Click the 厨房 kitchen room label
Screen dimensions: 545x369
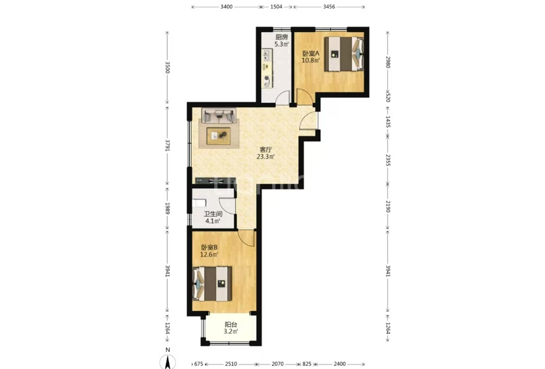click(281, 37)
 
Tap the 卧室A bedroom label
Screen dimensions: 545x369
click(311, 54)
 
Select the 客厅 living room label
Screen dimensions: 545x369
click(266, 150)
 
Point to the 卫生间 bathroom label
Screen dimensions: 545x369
click(213, 214)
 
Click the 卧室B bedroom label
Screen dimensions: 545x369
click(209, 247)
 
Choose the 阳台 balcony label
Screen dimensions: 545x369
click(231, 325)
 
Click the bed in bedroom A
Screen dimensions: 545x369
click(344, 54)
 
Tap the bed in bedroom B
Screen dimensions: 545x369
click(212, 284)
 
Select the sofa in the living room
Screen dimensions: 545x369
click(219, 115)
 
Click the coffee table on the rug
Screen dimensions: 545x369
click(218, 136)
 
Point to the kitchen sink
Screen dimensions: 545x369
click(267, 55)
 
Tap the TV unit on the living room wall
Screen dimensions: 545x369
click(215, 181)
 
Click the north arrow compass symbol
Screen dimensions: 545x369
click(168, 361)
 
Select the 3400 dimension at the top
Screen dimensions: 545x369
click(226, 7)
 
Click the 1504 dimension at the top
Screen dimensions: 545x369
click(277, 7)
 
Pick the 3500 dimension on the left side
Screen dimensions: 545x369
click(167, 67)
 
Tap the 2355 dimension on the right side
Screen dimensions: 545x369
click(388, 160)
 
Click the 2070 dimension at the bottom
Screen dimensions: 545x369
click(277, 364)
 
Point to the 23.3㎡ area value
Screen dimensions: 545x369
click(266, 157)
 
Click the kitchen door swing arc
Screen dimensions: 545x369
click(282, 96)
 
